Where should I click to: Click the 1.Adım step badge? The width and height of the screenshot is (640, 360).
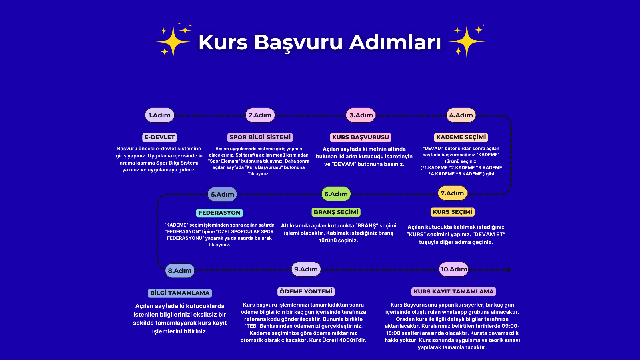point(159,115)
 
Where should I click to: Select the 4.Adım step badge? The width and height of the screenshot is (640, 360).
point(461,115)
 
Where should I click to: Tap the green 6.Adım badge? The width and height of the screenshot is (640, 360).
point(336,194)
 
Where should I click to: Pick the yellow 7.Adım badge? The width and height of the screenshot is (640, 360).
point(453,193)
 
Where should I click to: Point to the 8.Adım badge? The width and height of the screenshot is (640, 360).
point(180,271)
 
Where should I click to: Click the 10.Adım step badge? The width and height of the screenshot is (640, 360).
point(454,269)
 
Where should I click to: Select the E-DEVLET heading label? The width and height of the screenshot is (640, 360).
point(159,137)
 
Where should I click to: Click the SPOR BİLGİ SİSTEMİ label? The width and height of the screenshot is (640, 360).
point(260,137)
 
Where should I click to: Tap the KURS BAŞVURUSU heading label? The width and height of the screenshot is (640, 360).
point(361,137)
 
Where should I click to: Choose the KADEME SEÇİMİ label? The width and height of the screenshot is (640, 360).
point(461,137)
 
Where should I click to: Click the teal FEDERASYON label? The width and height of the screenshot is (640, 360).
point(219,213)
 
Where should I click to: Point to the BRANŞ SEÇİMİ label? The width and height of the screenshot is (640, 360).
point(336,212)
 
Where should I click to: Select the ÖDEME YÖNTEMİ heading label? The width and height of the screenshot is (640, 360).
point(306,291)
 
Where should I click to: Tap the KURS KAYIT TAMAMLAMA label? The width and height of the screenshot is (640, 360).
point(454,291)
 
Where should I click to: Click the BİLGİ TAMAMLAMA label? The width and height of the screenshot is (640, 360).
point(180,293)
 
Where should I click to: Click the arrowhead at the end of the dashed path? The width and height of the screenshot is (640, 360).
point(509,270)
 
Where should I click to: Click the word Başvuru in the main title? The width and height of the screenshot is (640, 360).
point(298,42)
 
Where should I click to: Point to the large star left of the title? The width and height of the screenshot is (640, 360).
point(173,42)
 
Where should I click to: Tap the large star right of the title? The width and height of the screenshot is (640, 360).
point(467,41)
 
